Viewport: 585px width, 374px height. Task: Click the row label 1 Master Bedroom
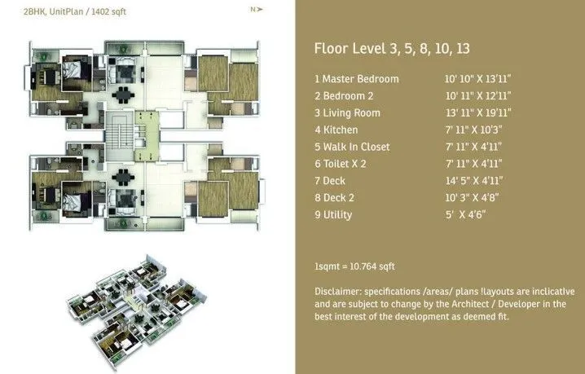tap(356, 79)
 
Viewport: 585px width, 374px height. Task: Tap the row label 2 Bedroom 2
tap(346, 96)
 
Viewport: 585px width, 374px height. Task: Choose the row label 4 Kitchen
tap(336, 130)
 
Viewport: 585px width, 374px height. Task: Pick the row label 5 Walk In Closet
tap(352, 147)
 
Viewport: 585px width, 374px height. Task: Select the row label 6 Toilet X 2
tap(343, 165)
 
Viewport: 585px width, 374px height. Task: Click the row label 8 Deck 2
tap(336, 198)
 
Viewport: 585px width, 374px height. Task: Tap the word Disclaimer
tap(337, 292)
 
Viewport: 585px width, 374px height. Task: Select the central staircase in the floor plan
tap(119, 130)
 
